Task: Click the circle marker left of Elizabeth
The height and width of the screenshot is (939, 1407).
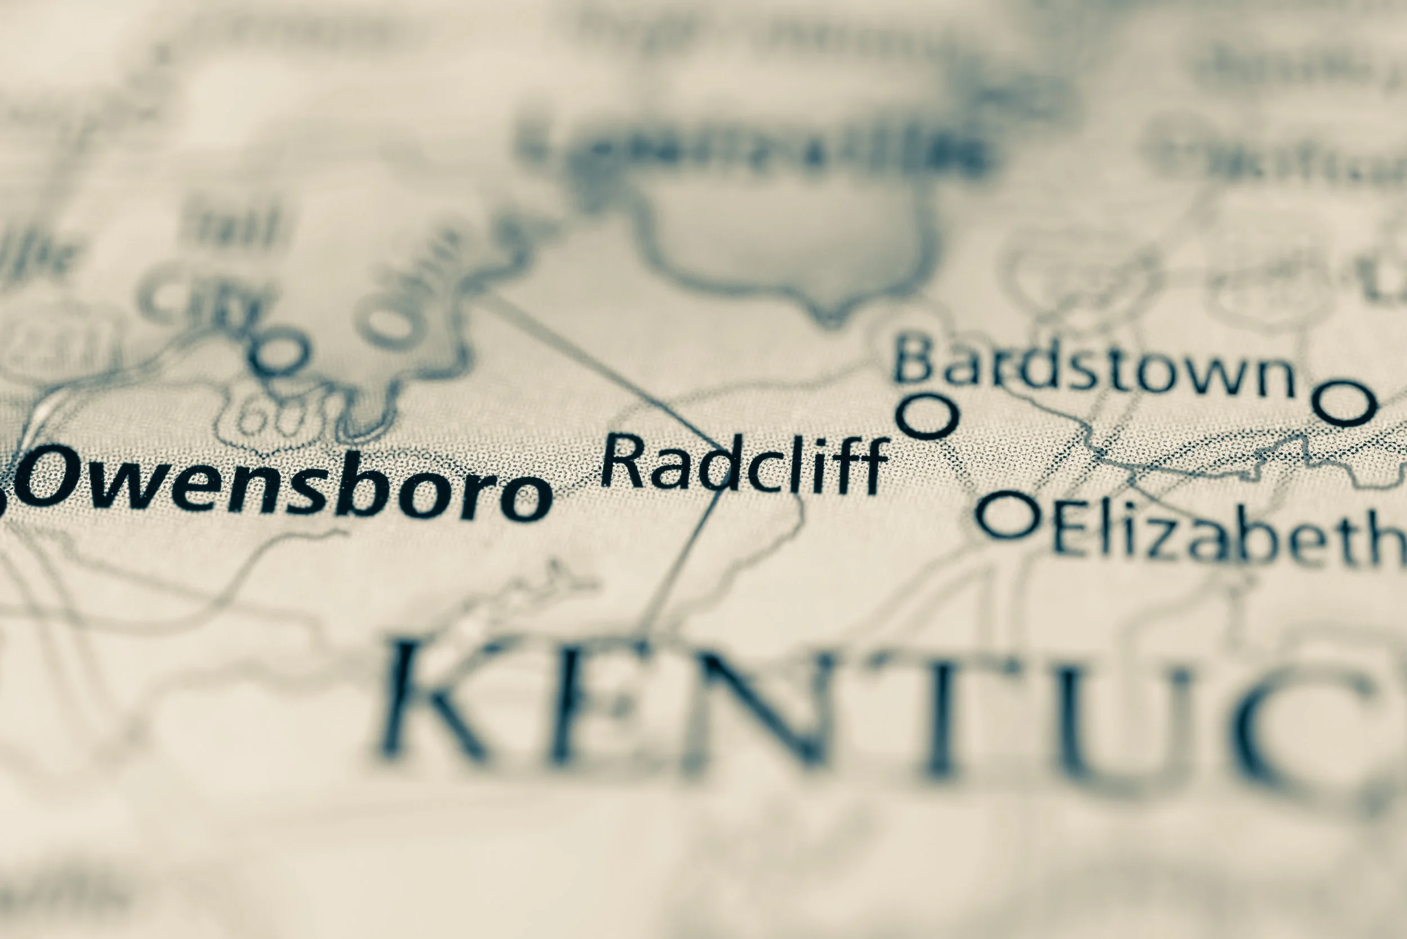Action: (1009, 514)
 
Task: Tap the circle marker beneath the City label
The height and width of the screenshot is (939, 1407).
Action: (279, 353)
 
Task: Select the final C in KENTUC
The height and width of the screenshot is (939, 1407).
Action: (1306, 727)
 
